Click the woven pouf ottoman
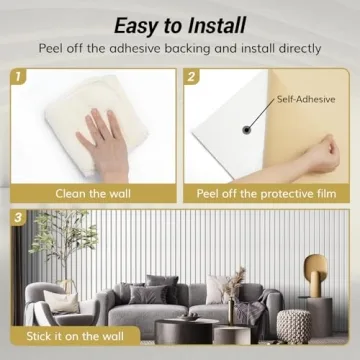[x=295, y=323]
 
